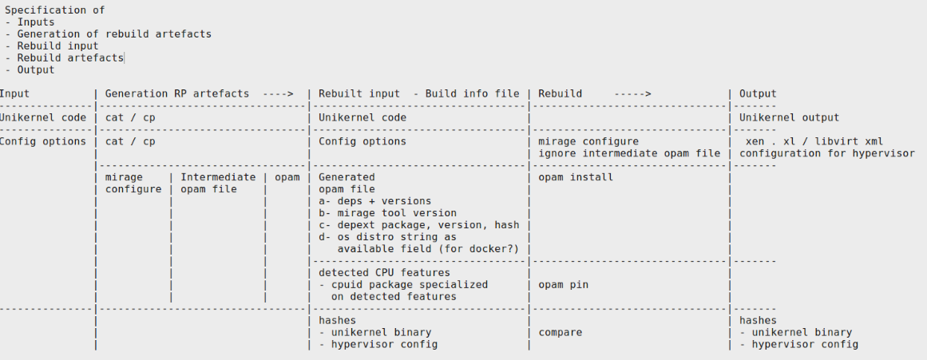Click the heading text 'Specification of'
(x=54, y=10)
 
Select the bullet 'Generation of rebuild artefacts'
(x=114, y=34)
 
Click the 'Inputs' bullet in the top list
(x=35, y=22)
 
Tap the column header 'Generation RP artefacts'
(x=177, y=93)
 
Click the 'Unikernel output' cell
(x=789, y=117)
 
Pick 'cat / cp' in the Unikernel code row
(x=130, y=117)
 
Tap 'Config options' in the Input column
(x=43, y=141)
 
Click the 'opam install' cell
(x=575, y=177)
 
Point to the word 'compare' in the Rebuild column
(x=560, y=332)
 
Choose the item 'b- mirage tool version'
(x=387, y=213)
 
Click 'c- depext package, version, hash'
(x=418, y=225)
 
